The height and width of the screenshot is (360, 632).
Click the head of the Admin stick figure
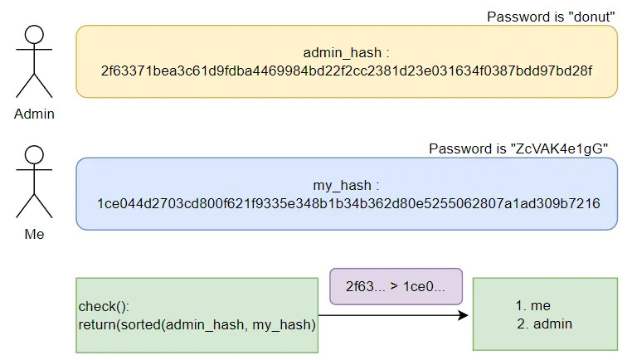(x=34, y=34)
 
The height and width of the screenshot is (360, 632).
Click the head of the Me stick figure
(x=34, y=155)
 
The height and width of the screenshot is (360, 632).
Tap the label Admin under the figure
(x=34, y=114)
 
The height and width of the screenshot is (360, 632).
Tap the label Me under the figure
(x=34, y=235)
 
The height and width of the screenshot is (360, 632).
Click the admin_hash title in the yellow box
(x=346, y=53)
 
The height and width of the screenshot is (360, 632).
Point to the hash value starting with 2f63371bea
(x=346, y=71)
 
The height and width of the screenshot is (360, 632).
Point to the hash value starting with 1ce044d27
(x=346, y=203)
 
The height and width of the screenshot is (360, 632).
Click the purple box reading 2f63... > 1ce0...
(x=396, y=286)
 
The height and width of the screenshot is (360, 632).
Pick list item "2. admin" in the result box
(x=544, y=324)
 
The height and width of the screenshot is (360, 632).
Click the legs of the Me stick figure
(x=34, y=207)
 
